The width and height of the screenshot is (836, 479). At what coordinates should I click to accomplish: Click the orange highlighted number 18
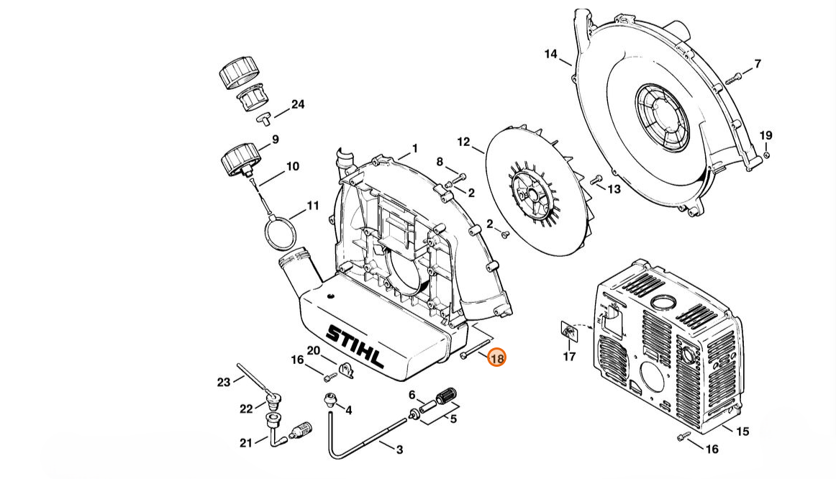coord(496,358)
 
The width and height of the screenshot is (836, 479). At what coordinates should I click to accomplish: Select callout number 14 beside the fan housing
coord(551,54)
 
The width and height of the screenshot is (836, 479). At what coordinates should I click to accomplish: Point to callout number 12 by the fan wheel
coord(463,142)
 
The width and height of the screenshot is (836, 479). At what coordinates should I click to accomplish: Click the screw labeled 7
coord(734,78)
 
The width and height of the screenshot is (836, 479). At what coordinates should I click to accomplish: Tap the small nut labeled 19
coord(766,155)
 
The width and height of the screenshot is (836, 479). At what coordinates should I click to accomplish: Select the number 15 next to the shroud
coord(742,431)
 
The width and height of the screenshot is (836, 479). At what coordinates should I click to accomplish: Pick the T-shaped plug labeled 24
coord(264,119)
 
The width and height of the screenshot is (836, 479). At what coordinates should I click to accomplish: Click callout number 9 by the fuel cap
coord(275,140)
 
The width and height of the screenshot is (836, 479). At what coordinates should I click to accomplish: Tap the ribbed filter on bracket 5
coord(447,398)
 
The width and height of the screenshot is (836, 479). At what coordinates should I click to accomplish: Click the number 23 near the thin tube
coord(224,382)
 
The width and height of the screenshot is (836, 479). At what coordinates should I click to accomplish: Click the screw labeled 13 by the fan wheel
coord(596,180)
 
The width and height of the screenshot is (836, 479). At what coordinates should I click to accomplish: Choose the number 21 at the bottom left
coord(246,443)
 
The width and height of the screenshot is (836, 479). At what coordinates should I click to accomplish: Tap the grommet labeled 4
coord(330,400)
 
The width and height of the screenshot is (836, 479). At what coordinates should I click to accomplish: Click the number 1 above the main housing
coord(415,149)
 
